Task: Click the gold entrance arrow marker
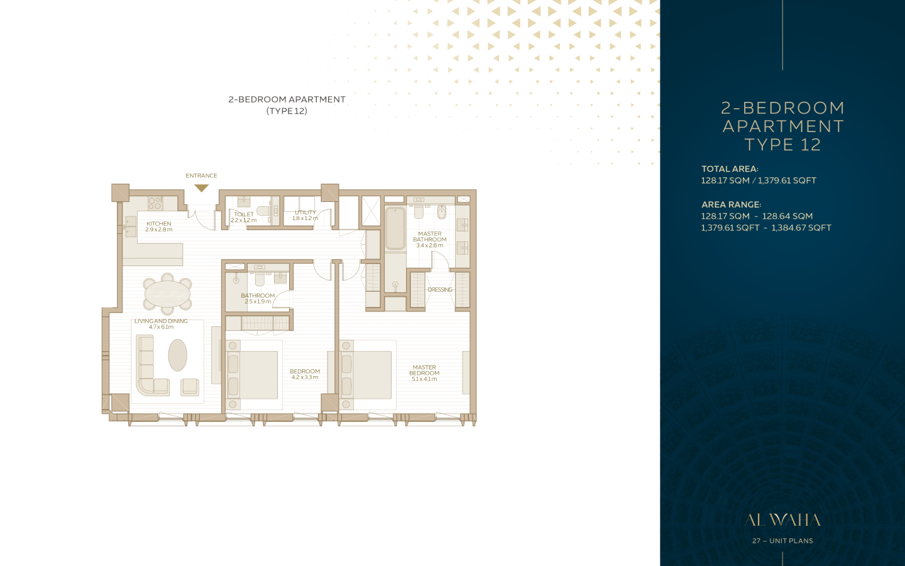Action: pyautogui.click(x=201, y=188)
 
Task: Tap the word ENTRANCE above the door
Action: pyautogui.click(x=201, y=175)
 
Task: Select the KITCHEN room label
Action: pyautogui.click(x=159, y=224)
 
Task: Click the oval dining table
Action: pyautogui.click(x=168, y=294)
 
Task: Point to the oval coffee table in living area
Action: pyautogui.click(x=177, y=355)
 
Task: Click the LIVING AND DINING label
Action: pyautogui.click(x=161, y=321)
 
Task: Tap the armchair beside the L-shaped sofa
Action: pyautogui.click(x=190, y=387)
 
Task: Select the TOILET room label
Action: pyautogui.click(x=244, y=214)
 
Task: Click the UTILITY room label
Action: pyautogui.click(x=305, y=213)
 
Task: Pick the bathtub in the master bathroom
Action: pyautogui.click(x=395, y=228)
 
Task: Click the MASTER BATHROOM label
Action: pyautogui.click(x=430, y=236)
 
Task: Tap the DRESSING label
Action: pyautogui.click(x=440, y=289)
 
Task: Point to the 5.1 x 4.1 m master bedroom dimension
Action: pyautogui.click(x=424, y=379)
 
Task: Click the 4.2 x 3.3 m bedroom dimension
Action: pyautogui.click(x=305, y=377)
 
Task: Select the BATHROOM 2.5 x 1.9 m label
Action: pyautogui.click(x=258, y=298)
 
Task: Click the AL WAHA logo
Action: pyautogui.click(x=782, y=520)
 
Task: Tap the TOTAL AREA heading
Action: pyautogui.click(x=730, y=169)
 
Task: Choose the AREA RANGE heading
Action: pyautogui.click(x=732, y=204)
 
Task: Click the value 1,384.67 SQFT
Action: pyautogui.click(x=801, y=228)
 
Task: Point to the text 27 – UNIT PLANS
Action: pyautogui.click(x=782, y=541)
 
